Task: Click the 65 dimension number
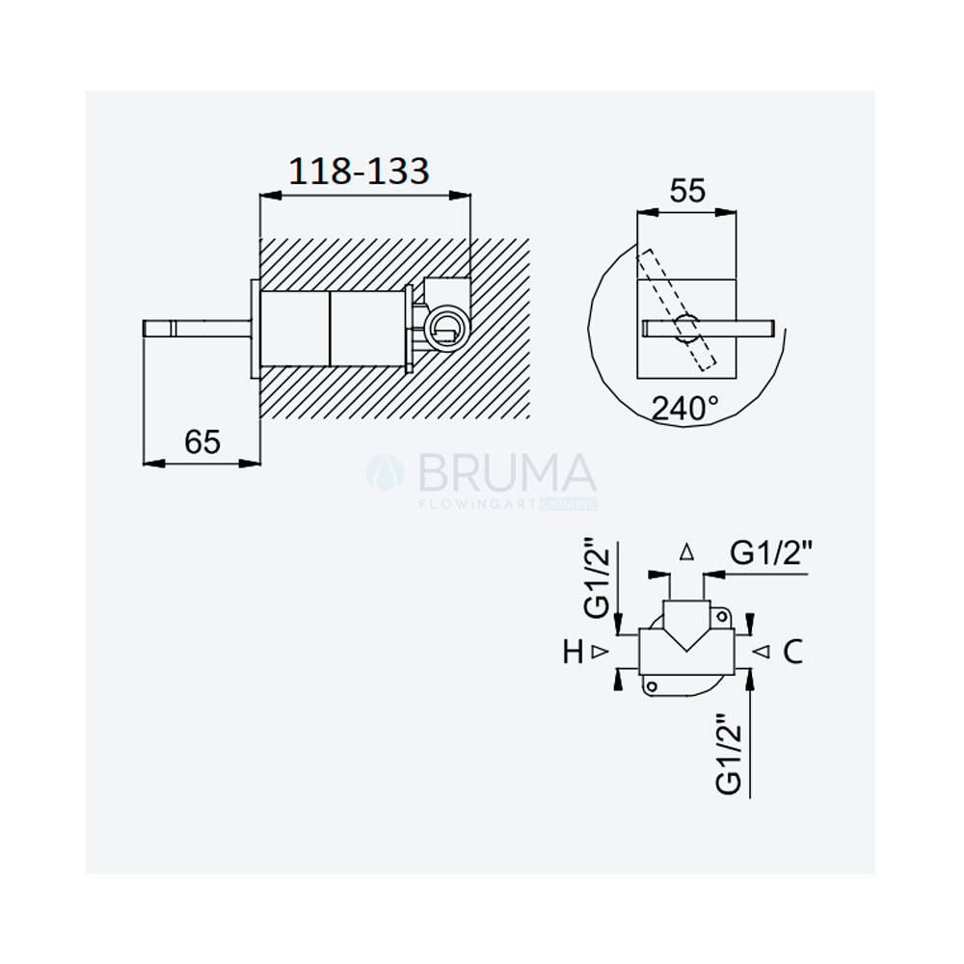coord(202,442)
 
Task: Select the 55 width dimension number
coord(687,191)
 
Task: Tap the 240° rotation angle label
coord(684,408)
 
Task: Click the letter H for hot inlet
coord(573,652)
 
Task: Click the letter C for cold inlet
coord(793,652)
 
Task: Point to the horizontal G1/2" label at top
coord(771,553)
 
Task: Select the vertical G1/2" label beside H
coord(597,577)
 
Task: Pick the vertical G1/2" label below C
coord(729,754)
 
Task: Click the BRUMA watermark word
coord(508,472)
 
